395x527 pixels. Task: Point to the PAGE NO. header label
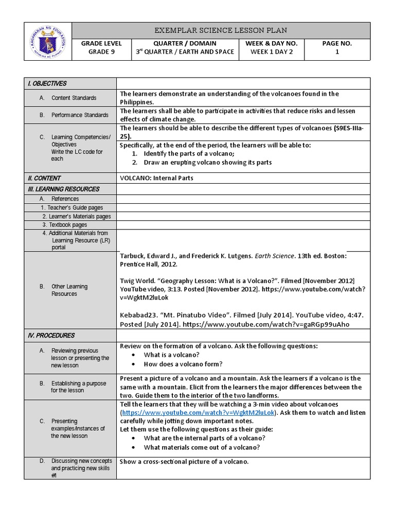pos(337,44)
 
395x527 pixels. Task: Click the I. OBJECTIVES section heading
pos(47,83)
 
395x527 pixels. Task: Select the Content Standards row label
pos(74,98)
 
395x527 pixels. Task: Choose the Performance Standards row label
pos(80,115)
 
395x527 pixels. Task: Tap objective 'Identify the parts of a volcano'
pos(189,154)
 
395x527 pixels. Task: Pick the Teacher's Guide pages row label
pos(72,207)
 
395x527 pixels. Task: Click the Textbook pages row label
pos(65,225)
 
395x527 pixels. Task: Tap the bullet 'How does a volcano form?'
pos(183,364)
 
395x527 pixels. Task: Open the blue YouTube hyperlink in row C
pos(199,413)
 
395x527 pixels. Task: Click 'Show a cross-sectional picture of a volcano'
pos(184,462)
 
